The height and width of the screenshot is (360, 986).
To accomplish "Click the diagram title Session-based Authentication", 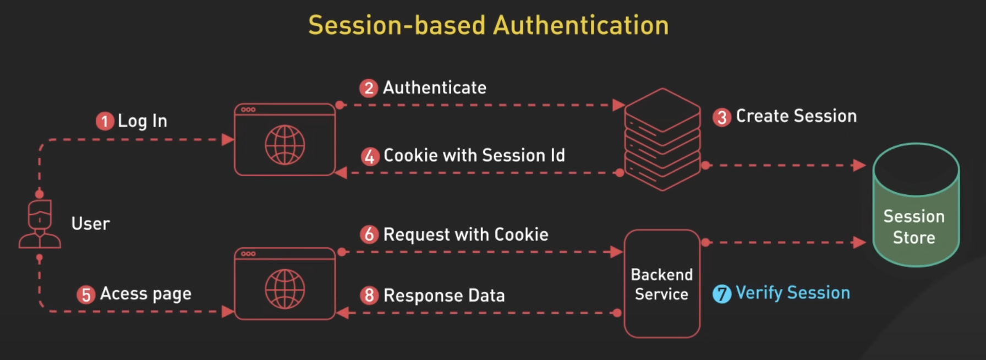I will coord(488,25).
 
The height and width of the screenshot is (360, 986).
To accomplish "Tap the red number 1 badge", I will coord(105,121).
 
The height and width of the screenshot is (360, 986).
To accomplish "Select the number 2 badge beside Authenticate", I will coord(369,88).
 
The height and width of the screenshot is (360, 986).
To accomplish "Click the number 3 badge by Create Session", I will coord(722,117).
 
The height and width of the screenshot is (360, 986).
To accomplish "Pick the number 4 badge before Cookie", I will coord(370,156).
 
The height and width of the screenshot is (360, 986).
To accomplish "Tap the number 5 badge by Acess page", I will coord(86,294).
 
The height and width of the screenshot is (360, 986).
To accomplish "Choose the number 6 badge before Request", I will coord(369,234).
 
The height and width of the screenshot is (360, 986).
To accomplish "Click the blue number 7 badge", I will coord(722,293).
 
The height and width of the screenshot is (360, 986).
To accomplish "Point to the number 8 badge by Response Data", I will coord(369,296).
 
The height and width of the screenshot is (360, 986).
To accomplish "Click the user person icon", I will coord(40,224).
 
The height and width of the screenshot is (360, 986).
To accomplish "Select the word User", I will coord(90,224).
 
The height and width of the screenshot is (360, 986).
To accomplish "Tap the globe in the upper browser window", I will coord(284,145).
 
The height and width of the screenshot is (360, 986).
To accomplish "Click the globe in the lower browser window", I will coord(284,289).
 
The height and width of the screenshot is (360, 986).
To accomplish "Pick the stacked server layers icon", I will coord(662,139).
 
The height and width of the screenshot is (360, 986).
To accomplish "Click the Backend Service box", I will coord(662,283).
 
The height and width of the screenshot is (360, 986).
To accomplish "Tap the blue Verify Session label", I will coord(792,293).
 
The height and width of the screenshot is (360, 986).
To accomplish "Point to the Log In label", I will coord(142,121).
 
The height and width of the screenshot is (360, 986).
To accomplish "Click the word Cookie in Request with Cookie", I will coord(521,234).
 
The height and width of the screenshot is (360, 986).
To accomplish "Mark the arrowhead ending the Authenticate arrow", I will coord(618,105).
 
